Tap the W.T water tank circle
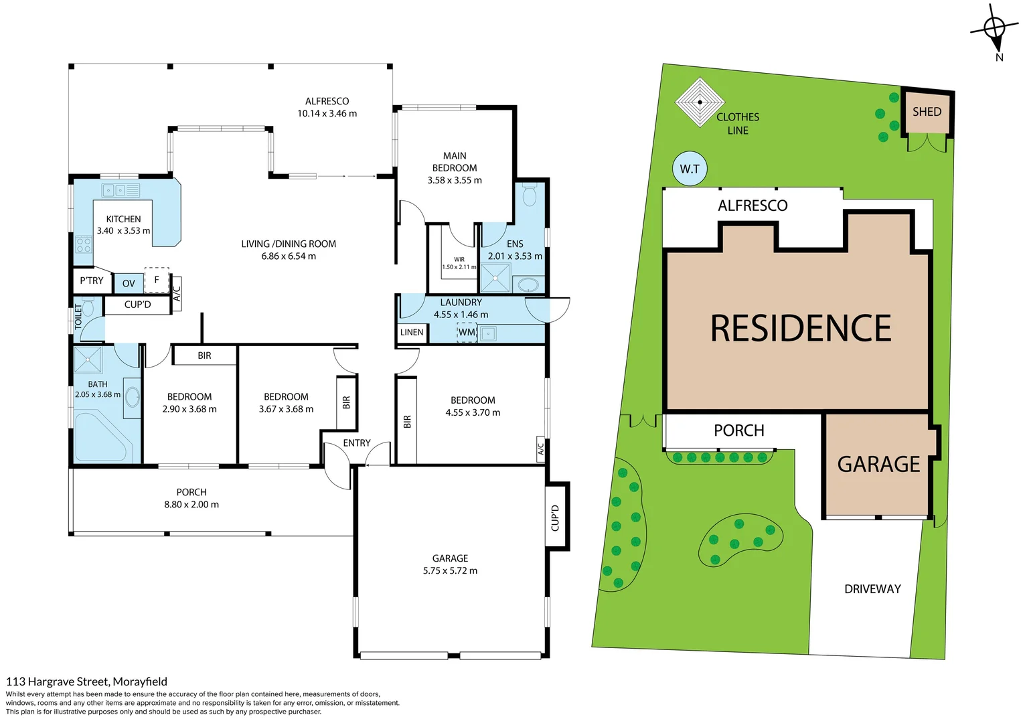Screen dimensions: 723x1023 690,169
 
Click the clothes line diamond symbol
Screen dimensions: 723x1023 700,102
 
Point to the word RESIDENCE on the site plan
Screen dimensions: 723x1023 800,329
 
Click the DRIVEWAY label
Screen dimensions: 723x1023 872,589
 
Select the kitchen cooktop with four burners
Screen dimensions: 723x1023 83,244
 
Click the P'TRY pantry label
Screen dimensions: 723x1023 92,280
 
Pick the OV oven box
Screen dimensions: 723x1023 129,283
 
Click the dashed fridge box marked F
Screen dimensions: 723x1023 157,280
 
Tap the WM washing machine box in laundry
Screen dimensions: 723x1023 467,332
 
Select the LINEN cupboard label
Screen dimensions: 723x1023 412,332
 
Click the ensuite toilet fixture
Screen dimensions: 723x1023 529,195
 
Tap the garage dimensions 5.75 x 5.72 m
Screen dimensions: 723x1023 450,570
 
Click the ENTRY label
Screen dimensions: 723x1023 356,443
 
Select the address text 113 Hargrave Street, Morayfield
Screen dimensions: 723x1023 86,681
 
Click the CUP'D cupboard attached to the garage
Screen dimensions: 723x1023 555,517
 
